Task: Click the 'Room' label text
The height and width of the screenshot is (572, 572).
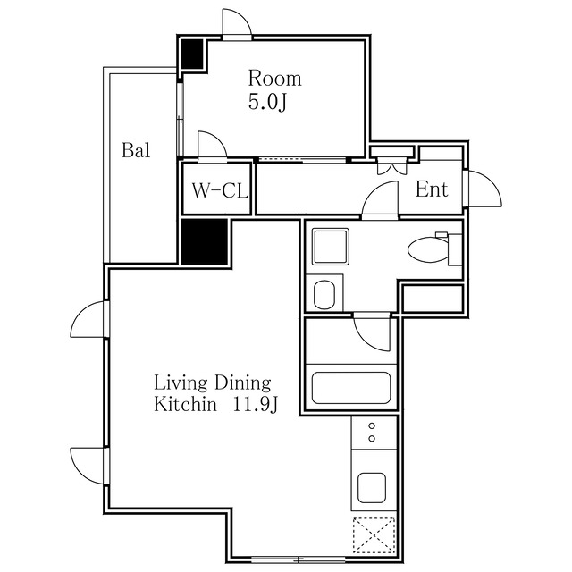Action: click(x=275, y=79)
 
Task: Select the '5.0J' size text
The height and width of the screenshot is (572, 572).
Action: click(x=268, y=102)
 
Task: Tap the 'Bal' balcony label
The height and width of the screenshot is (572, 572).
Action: click(x=136, y=150)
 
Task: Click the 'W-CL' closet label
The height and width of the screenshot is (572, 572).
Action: click(x=220, y=190)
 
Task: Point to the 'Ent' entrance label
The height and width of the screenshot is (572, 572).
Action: click(x=432, y=189)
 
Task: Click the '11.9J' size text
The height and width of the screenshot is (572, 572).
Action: click(x=256, y=404)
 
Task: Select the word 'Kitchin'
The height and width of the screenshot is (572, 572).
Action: click(x=185, y=404)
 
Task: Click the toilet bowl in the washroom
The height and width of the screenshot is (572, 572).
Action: click(x=429, y=250)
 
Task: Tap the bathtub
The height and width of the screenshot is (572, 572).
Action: click(x=351, y=388)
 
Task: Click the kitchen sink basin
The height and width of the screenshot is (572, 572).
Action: click(x=372, y=488)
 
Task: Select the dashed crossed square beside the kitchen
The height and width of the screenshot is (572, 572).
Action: click(x=374, y=535)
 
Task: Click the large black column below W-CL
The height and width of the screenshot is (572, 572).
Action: click(x=205, y=241)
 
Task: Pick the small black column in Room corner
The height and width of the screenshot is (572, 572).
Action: click(x=192, y=54)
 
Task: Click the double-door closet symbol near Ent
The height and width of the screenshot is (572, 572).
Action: click(x=392, y=166)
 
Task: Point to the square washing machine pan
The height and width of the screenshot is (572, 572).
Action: click(x=331, y=247)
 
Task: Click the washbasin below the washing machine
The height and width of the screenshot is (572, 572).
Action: click(x=324, y=294)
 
